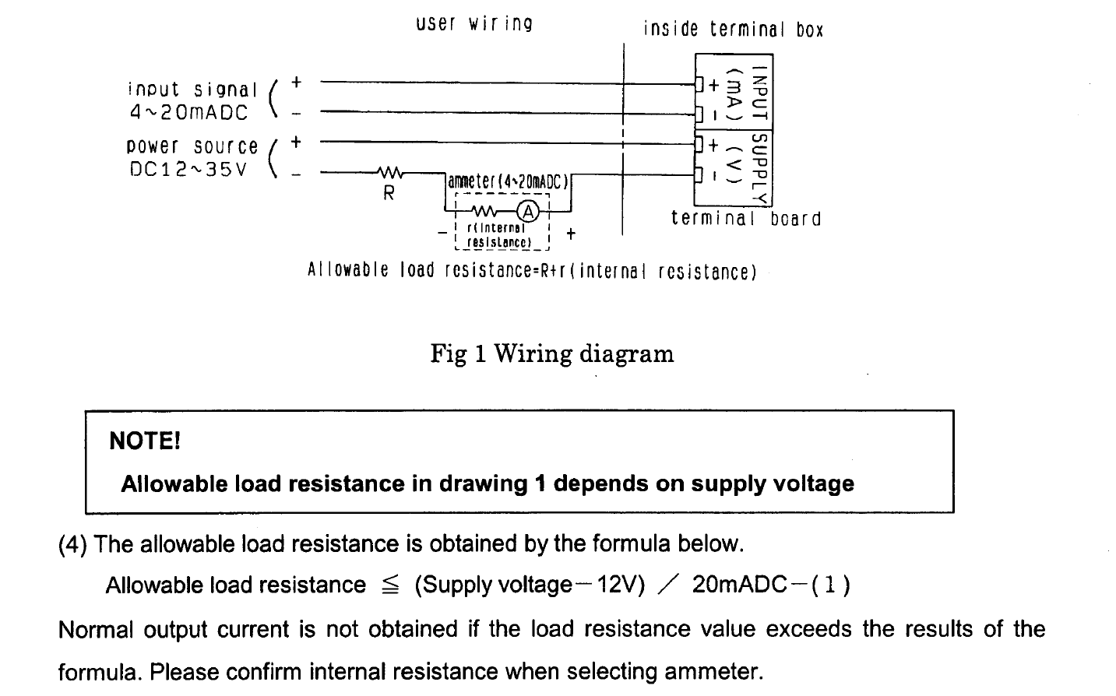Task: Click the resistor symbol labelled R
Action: tap(389, 173)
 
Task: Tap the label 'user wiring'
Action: tap(474, 23)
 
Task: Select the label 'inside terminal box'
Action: tap(733, 30)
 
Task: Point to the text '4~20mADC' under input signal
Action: tap(188, 113)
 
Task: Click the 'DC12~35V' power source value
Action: tap(188, 170)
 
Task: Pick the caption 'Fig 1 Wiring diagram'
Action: tap(552, 354)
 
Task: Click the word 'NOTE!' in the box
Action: tap(145, 441)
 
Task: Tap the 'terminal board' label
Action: tap(746, 219)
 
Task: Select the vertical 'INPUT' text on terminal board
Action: tap(762, 95)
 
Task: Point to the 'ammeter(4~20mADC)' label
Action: tap(509, 181)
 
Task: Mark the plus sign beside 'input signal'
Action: tap(297, 82)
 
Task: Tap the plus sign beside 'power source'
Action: tap(296, 142)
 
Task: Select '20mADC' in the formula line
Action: tap(739, 585)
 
